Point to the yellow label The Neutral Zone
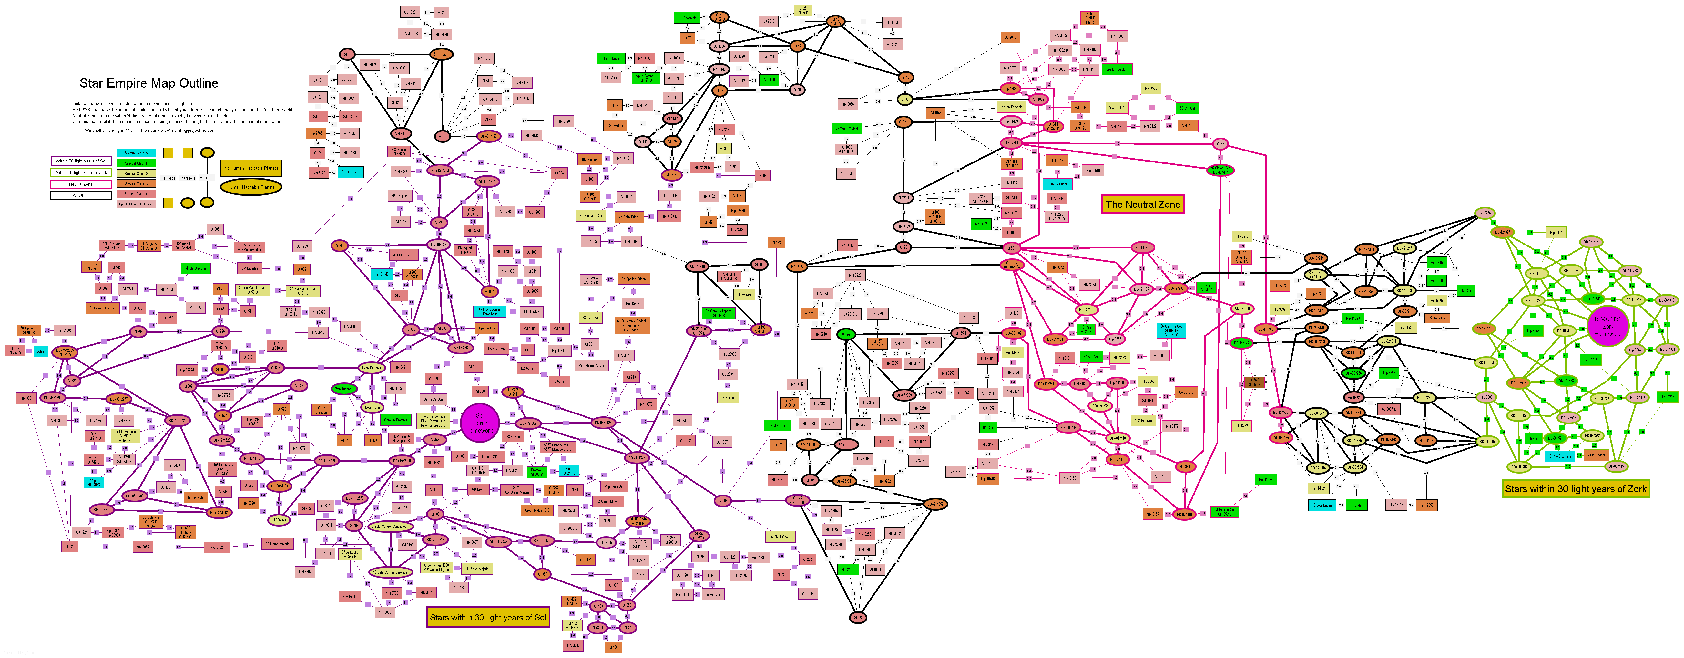point(1143,204)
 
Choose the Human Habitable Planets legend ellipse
point(251,187)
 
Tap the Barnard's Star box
point(434,399)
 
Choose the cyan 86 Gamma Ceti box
point(1171,330)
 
